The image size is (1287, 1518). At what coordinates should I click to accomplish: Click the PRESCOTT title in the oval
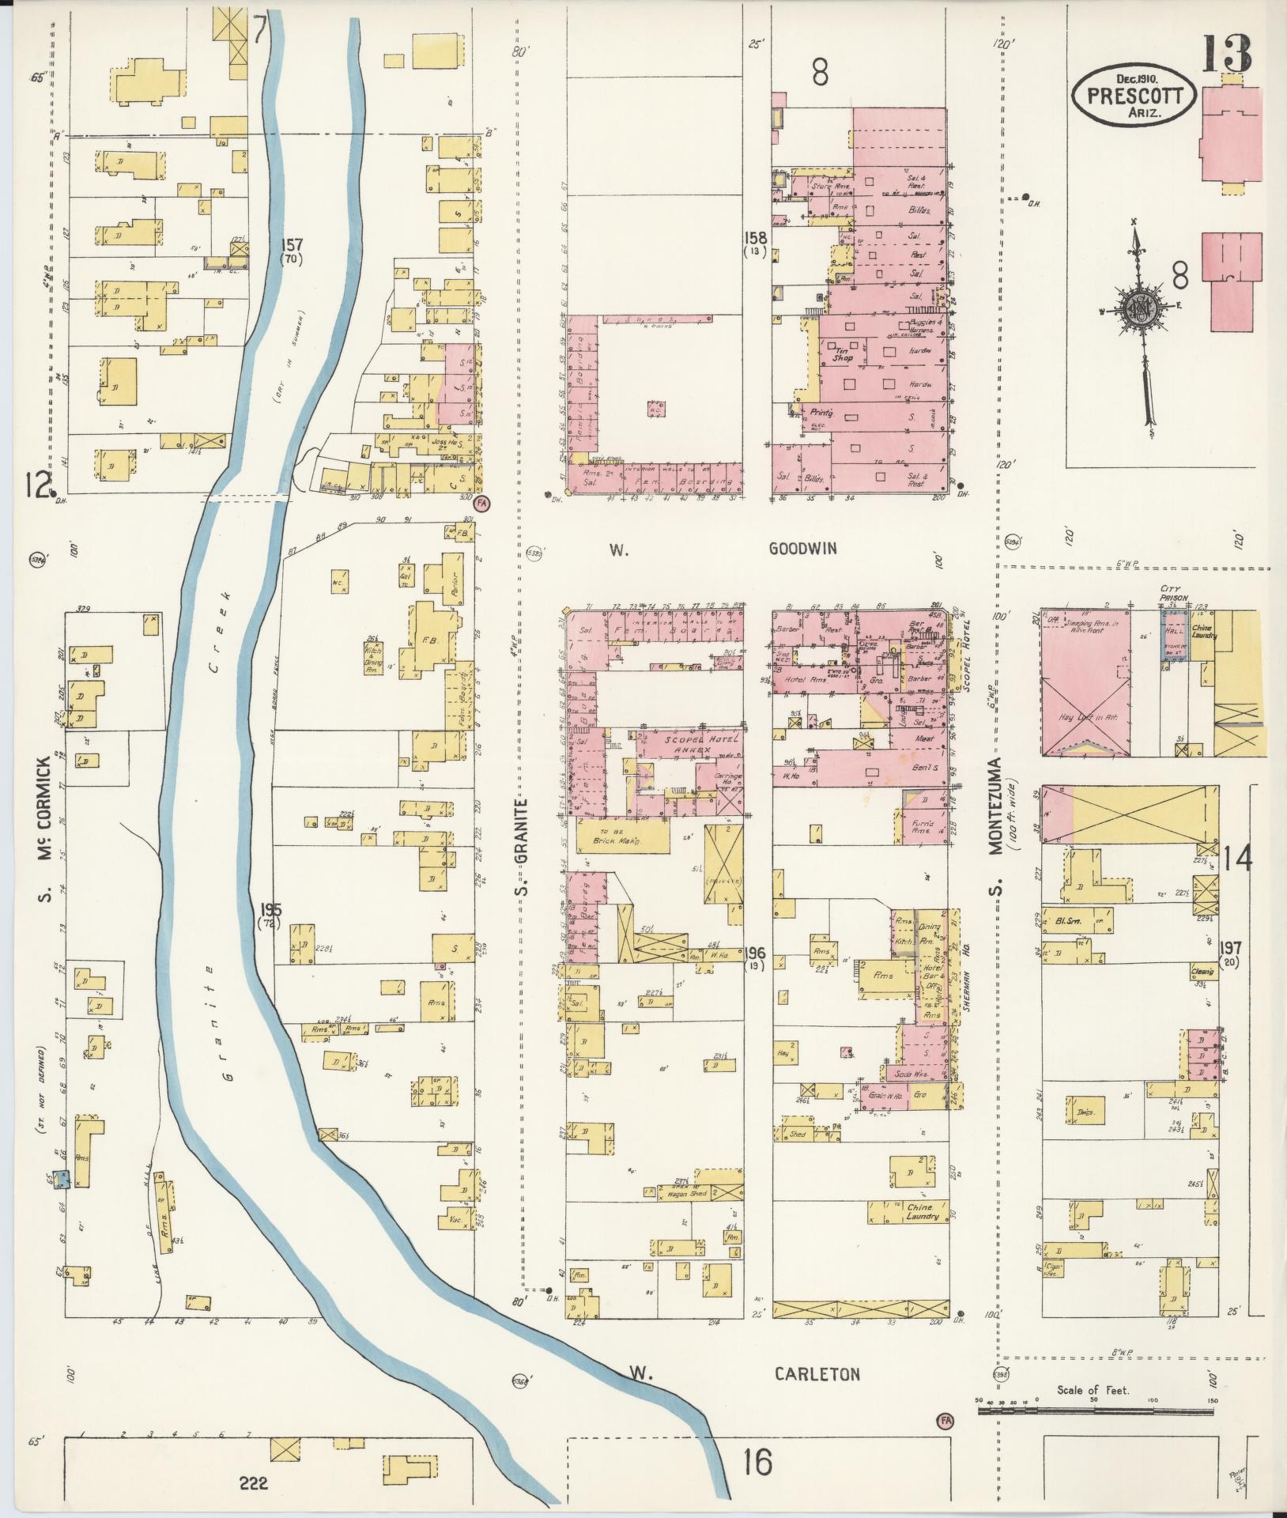(1134, 96)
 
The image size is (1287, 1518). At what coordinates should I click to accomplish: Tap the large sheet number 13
(1227, 53)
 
